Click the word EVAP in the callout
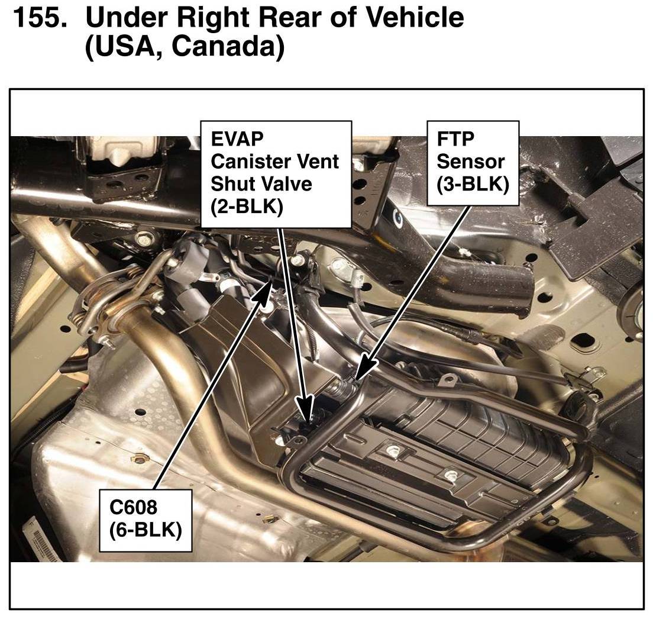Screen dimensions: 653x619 pyautogui.click(x=237, y=138)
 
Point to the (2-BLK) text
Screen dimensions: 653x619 pyautogui.click(x=247, y=207)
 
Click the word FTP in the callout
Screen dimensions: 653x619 pyautogui.click(x=455, y=138)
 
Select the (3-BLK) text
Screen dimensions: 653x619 pyautogui.click(x=473, y=184)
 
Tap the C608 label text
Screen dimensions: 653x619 pyautogui.click(x=133, y=507)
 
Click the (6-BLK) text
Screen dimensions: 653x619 pyautogui.click(x=146, y=530)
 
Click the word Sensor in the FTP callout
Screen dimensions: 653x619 pyautogui.click(x=470, y=161)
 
